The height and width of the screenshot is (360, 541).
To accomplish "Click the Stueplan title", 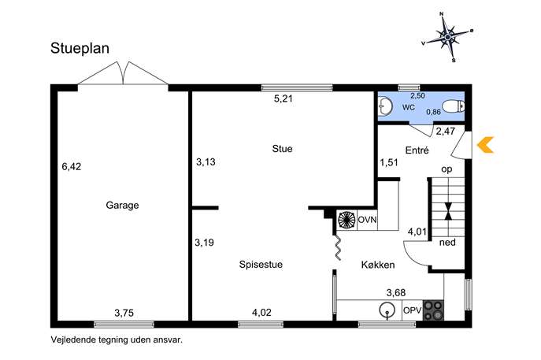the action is tap(80, 48).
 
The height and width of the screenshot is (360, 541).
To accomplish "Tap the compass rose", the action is tap(447, 36).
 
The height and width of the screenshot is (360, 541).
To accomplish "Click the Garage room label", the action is tap(122, 205).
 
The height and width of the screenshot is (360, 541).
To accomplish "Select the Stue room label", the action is tap(282, 148).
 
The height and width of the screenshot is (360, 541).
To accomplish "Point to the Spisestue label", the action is tap(261, 265).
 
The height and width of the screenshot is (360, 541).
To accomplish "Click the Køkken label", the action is tap(378, 265).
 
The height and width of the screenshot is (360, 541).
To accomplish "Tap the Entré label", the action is tap(417, 150).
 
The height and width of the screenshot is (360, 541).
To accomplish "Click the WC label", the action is tap(409, 107).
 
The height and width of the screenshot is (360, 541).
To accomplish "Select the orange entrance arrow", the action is tap(485, 145).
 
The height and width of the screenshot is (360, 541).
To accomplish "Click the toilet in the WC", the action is tap(453, 106).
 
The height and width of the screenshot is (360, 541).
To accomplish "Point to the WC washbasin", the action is tap(384, 106).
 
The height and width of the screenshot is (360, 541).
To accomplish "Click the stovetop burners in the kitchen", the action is tap(433, 310).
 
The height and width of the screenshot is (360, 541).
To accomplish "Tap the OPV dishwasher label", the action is tap(413, 310).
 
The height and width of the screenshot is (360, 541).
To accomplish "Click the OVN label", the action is tap(367, 220).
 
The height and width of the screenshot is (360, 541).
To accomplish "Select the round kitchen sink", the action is tap(387, 310).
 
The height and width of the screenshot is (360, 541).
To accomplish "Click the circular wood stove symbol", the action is tap(346, 220).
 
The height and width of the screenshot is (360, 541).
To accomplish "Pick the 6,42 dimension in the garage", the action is tap(72, 167).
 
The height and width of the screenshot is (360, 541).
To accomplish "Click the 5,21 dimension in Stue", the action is tap(283, 98).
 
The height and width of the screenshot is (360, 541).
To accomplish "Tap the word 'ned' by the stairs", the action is tap(447, 243).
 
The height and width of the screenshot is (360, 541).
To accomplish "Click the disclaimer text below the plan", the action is tap(117, 340).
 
